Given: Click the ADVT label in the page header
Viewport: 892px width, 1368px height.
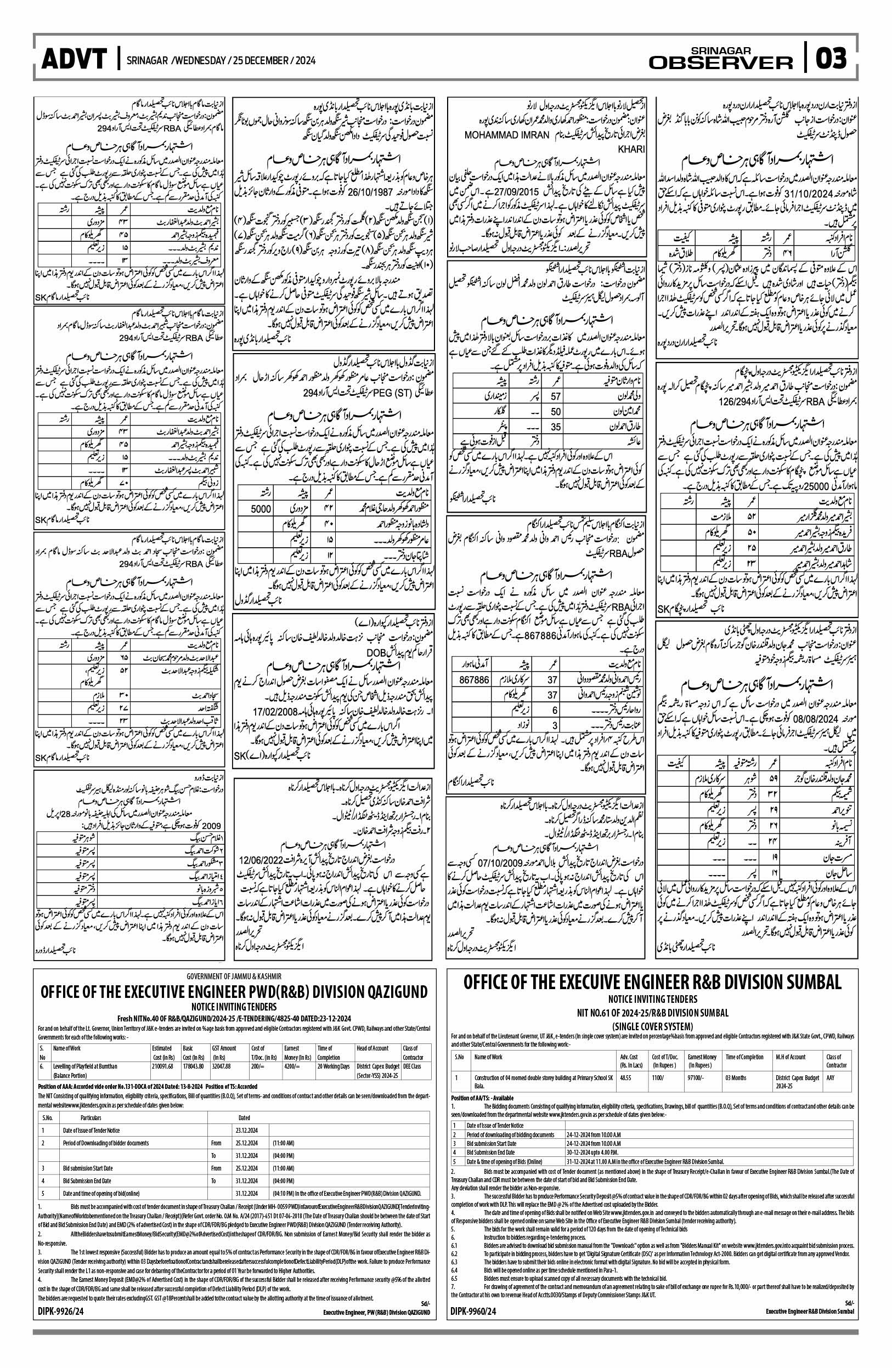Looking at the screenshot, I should point(74,59).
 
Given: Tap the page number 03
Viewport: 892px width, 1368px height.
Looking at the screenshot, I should point(832,59).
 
